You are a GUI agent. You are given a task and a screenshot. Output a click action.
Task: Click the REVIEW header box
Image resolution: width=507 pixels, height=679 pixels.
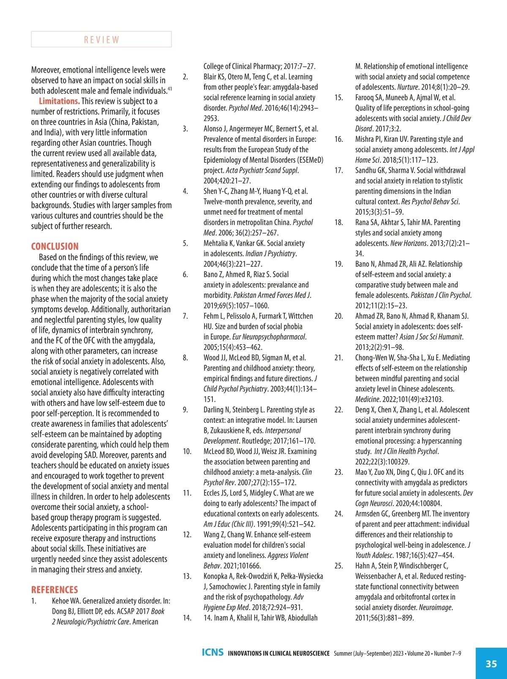101,39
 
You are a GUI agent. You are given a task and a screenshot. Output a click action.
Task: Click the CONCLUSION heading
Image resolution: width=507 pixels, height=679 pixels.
55,246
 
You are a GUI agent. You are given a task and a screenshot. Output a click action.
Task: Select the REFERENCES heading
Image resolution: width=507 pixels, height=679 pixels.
55,590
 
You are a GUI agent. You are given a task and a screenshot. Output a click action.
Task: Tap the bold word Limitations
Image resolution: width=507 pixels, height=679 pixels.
59,101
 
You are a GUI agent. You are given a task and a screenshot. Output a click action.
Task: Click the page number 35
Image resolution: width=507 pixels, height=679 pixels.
491,663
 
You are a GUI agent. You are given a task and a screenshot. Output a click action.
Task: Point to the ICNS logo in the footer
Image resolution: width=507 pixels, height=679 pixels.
213,652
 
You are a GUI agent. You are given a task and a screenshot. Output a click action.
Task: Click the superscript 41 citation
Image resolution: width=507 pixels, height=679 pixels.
170,89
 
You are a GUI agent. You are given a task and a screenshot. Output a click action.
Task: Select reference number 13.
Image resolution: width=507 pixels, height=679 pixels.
187,576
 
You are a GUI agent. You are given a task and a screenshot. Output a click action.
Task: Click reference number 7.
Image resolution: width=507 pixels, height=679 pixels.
185,316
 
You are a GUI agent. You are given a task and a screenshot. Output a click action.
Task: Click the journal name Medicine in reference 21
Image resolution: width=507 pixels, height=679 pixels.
367,399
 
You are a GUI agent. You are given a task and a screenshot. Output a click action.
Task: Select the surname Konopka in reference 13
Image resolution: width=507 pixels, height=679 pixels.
216,576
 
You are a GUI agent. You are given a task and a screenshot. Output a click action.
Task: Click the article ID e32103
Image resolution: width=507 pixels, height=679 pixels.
430,399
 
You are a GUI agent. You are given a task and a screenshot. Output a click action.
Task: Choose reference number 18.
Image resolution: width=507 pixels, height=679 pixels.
339,222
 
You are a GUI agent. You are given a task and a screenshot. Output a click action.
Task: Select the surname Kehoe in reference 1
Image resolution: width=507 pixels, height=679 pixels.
62,601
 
